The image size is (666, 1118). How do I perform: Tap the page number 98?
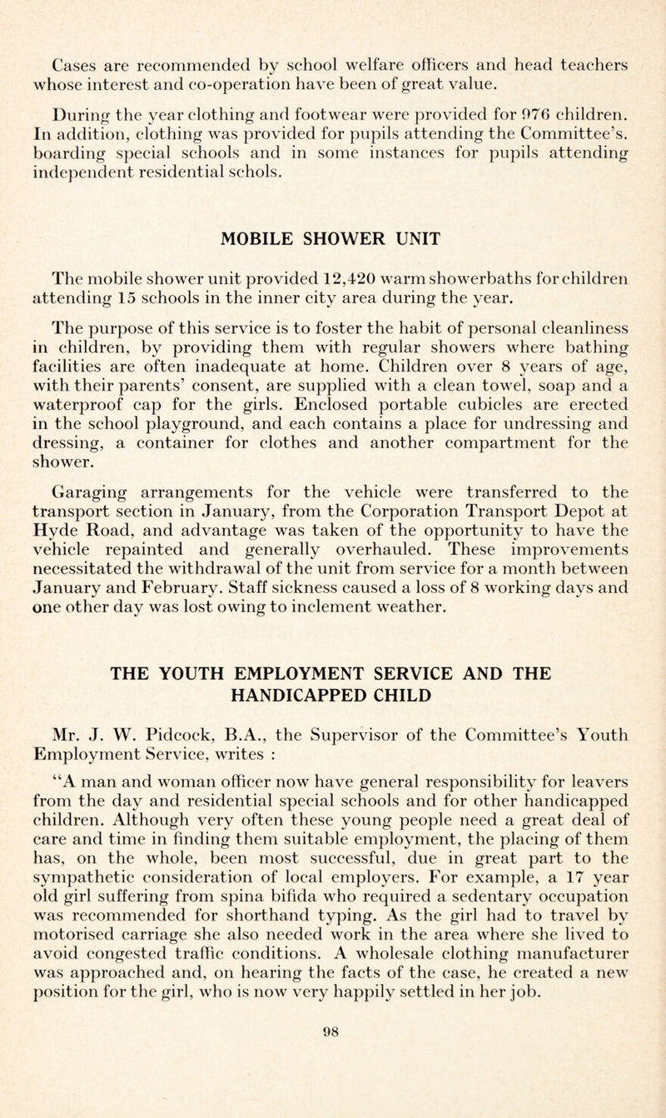pos(333,1086)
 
